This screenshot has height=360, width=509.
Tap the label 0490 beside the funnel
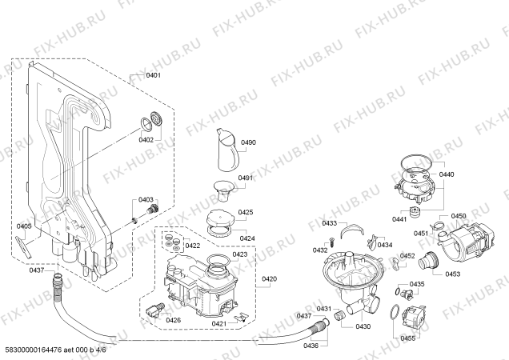(248, 142)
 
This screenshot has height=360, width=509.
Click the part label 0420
(269, 279)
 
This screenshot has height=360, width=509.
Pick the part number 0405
(24, 226)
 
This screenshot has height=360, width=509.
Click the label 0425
(245, 212)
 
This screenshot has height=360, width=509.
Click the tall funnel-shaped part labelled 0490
(226, 148)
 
